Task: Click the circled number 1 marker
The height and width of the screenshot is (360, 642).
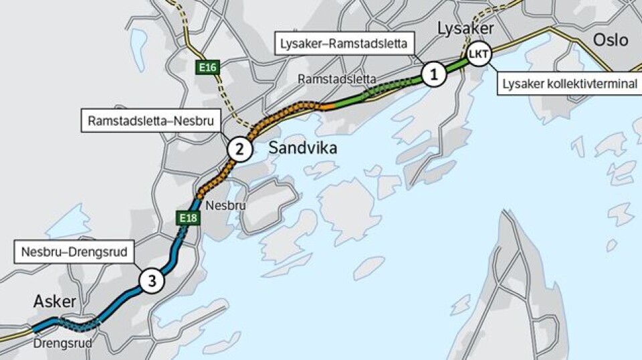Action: (x=433, y=74)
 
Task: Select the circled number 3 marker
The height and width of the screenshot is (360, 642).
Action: (x=152, y=282)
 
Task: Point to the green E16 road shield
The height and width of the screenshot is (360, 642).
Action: (x=206, y=68)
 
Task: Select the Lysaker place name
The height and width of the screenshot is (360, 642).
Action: (x=465, y=29)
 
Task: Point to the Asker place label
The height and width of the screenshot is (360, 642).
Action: (x=55, y=302)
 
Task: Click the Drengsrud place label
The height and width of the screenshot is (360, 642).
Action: (x=62, y=343)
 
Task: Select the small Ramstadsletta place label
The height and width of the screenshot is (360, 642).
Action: (x=337, y=78)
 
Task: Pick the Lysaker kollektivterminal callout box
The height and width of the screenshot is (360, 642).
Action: (x=568, y=85)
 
